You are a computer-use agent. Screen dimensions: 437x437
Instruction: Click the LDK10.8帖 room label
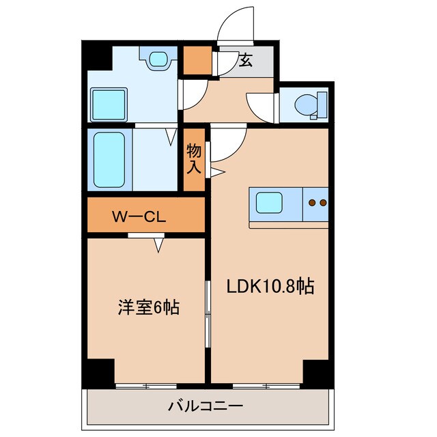pos(270,286)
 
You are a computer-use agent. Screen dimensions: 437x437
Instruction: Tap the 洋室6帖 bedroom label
pos(149,307)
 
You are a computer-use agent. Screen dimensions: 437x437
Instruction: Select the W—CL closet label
pos(139,216)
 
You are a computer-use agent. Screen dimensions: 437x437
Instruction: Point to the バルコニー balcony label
pos(206,406)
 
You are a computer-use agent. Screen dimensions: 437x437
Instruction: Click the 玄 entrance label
pos(246,60)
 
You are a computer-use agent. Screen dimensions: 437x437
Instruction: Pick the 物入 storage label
pos(194,158)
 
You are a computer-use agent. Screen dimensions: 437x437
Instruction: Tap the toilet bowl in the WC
pos(306,104)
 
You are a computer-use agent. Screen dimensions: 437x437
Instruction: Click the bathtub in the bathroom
pos(109,160)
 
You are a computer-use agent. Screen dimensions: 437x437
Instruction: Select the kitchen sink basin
pos(269,203)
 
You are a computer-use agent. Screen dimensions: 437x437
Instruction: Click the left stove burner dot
pos(313,203)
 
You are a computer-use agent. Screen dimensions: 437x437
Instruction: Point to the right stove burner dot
pos(323,203)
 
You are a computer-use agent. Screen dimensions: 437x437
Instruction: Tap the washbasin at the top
pos(158,59)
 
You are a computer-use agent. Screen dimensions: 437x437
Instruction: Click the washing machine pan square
pos(109,104)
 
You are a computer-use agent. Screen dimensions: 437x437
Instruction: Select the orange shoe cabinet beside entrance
pos(197,61)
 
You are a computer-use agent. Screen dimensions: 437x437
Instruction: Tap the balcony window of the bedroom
pos(146,386)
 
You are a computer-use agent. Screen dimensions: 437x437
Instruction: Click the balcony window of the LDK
pos(266,386)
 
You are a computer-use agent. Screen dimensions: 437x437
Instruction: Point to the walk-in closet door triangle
pos(158,245)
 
